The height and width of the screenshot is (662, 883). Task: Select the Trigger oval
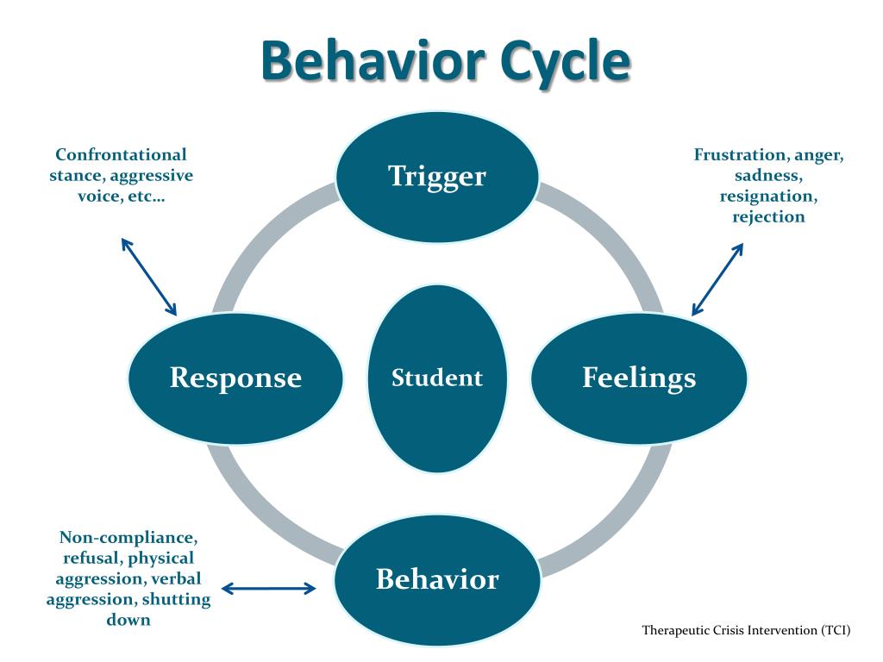click(x=437, y=176)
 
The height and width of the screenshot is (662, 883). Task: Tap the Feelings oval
click(x=638, y=378)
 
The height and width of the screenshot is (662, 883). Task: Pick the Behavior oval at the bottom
click(x=437, y=579)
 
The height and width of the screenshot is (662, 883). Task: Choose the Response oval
click(x=235, y=378)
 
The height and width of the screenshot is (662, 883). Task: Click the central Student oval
click(x=437, y=378)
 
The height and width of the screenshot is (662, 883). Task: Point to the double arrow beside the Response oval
click(x=148, y=277)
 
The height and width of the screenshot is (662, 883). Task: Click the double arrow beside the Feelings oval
click(x=717, y=278)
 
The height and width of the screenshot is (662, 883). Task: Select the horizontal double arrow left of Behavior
click(x=269, y=590)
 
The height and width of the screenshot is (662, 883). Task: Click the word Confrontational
click(x=121, y=155)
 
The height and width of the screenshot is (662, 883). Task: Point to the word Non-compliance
click(x=128, y=538)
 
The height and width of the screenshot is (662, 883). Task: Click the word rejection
click(x=768, y=217)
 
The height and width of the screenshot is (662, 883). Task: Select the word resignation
click(x=768, y=197)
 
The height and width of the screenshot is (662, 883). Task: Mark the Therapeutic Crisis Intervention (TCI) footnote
click(x=746, y=630)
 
